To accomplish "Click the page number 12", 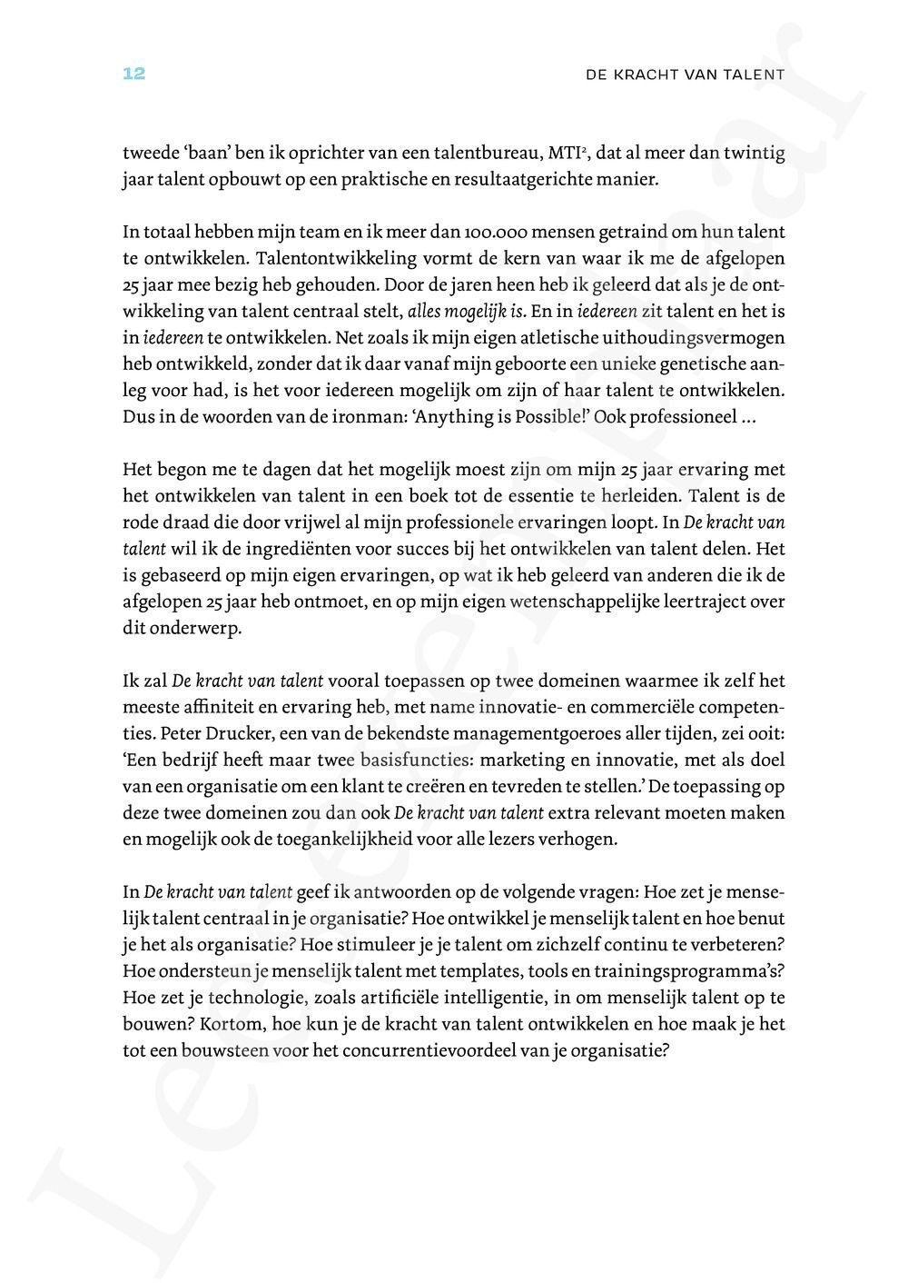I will point(133,75).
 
